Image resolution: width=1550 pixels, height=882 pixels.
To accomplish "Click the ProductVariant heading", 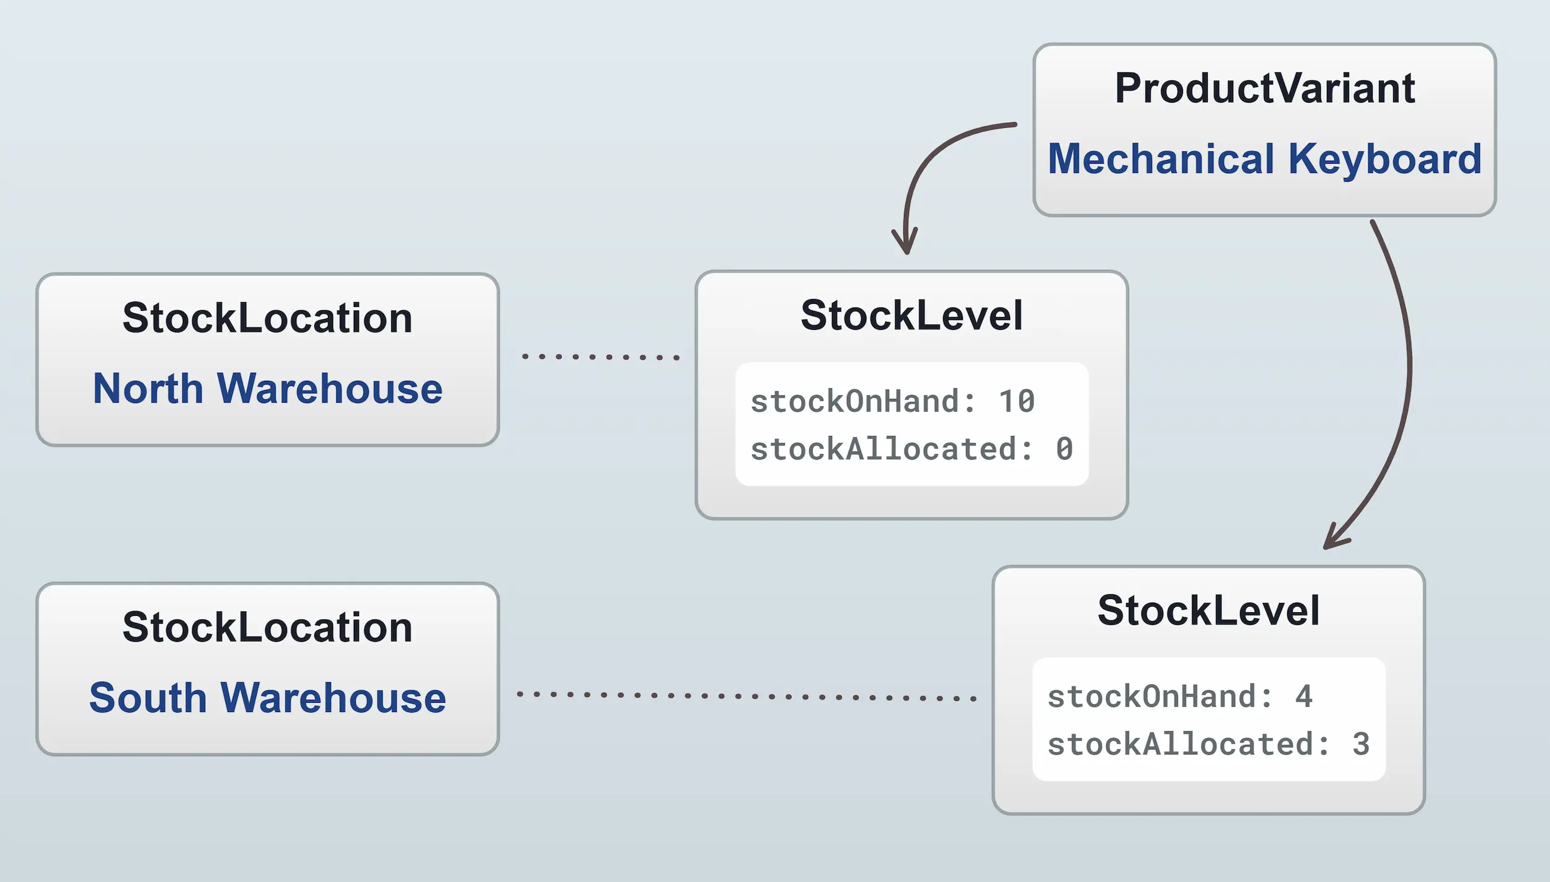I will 1264,88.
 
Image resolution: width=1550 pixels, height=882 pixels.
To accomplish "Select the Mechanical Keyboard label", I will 1264,159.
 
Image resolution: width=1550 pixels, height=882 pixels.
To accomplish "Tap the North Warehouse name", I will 267,388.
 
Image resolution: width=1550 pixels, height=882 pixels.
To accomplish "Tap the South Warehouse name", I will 267,698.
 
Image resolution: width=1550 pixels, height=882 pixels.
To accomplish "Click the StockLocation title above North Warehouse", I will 267,318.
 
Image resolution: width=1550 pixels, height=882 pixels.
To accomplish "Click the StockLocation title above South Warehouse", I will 267,627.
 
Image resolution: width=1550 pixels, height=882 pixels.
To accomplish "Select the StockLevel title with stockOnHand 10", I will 911,316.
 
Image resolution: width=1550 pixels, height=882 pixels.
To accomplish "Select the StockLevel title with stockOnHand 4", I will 1208,611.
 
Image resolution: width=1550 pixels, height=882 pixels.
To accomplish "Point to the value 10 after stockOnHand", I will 1017,401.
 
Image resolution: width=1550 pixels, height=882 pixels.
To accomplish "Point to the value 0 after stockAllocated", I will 1064,449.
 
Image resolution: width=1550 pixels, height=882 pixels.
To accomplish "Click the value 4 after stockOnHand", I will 1304,697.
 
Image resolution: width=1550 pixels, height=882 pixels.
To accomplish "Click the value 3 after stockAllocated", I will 1361,744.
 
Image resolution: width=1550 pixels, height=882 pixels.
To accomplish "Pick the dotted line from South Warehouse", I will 746,697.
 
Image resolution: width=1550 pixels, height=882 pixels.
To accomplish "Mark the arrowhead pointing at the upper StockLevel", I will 906,243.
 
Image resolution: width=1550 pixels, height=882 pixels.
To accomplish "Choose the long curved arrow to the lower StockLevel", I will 1409,366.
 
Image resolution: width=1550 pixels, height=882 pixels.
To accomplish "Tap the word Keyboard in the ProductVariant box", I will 1384,159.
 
